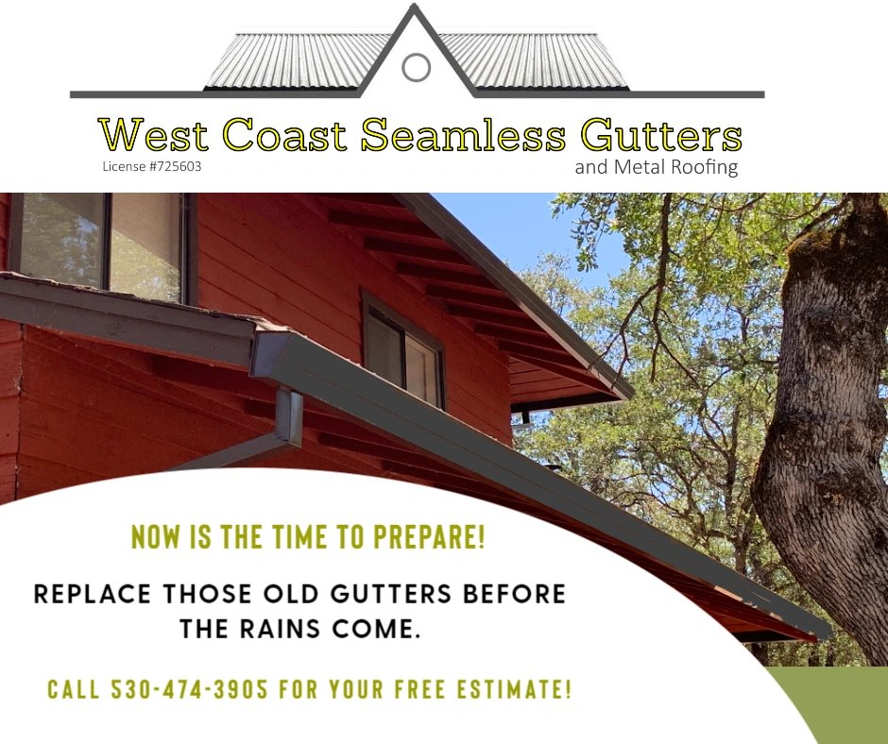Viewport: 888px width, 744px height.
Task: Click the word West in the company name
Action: pyautogui.click(x=155, y=135)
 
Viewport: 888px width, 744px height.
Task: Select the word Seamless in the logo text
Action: pyautogui.click(x=463, y=135)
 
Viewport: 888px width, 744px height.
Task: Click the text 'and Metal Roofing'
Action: pyautogui.click(x=656, y=168)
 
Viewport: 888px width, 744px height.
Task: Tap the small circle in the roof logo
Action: pyautogui.click(x=416, y=67)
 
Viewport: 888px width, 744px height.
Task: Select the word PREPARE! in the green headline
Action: pyautogui.click(x=430, y=537)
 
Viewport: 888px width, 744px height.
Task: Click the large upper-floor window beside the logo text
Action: pyautogui.click(x=99, y=245)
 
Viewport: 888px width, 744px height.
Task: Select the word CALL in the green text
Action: pyautogui.click(x=73, y=689)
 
